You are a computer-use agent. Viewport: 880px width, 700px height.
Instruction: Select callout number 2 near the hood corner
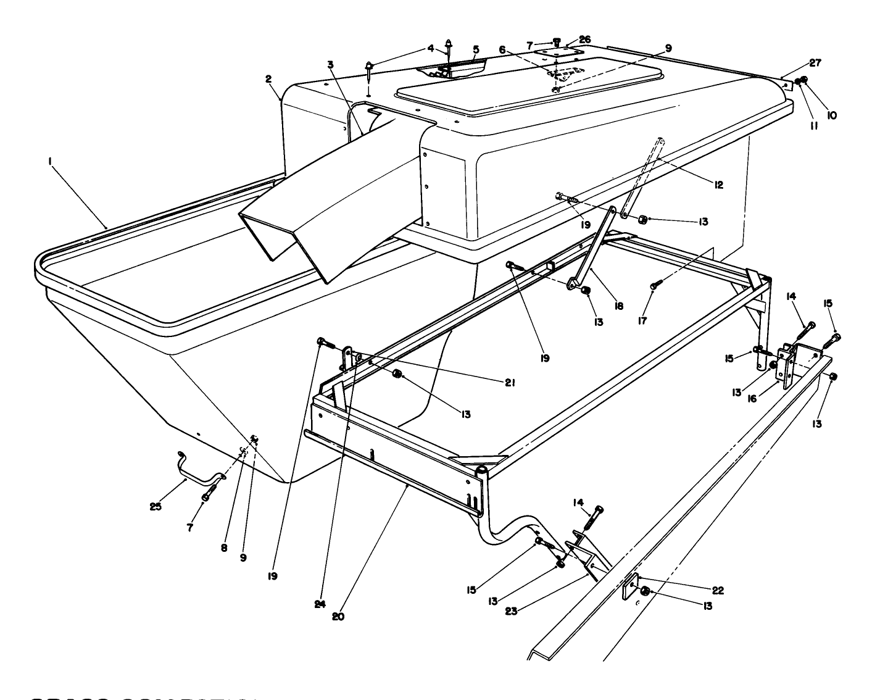[268, 78]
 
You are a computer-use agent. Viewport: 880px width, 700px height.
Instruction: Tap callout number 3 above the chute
[331, 64]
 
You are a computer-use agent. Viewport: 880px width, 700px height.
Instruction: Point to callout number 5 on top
[476, 48]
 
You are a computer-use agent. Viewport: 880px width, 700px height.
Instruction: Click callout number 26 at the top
[584, 40]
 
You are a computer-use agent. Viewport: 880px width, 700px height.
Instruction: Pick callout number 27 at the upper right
[816, 62]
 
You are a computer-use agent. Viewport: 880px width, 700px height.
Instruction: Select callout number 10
[832, 115]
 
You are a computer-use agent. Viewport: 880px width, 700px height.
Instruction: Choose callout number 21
[510, 383]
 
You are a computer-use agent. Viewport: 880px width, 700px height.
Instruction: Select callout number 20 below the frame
[338, 615]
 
